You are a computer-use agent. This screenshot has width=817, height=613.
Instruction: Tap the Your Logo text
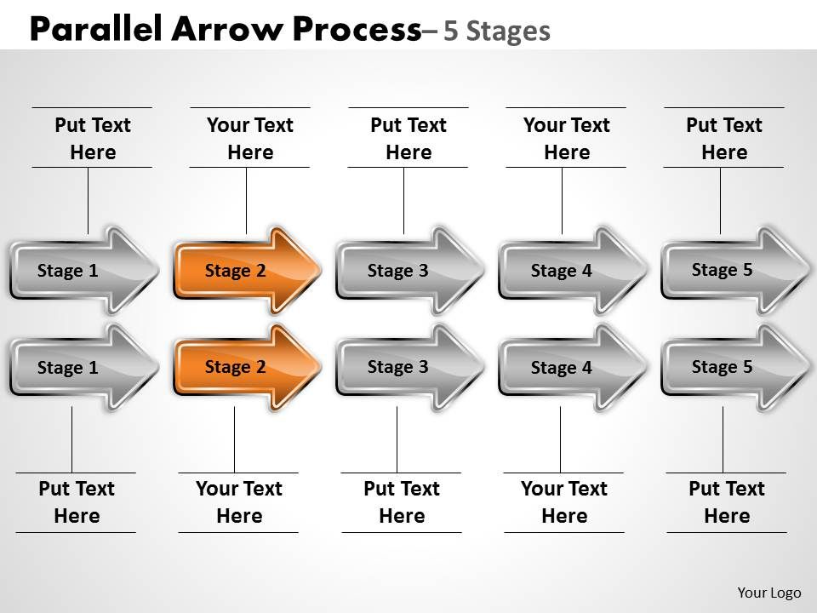pyautogui.click(x=768, y=593)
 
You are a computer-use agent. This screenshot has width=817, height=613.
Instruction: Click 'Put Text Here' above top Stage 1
pyautogui.click(x=93, y=139)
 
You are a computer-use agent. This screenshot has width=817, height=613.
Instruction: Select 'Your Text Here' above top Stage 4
pyautogui.click(x=567, y=139)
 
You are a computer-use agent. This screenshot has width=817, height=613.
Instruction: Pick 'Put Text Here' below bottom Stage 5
pyautogui.click(x=727, y=502)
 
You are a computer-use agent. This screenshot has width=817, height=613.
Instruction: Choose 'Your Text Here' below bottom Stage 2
pyautogui.click(x=239, y=502)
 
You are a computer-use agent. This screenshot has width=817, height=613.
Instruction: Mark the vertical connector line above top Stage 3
pyautogui.click(x=403, y=200)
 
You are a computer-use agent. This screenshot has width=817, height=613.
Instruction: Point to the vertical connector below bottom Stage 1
pyautogui.click(x=71, y=439)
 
